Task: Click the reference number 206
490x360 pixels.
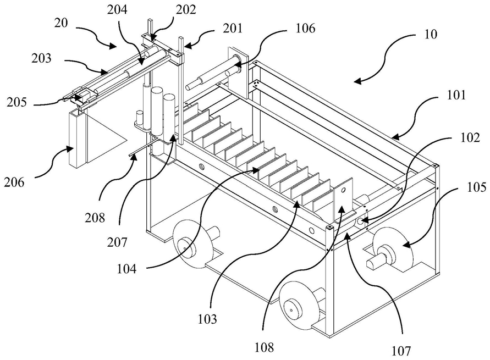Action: point(14,182)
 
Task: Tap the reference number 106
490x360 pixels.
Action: point(305,28)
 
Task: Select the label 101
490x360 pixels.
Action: point(456,95)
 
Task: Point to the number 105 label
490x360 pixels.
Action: point(477,187)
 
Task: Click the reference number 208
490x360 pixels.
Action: point(95,218)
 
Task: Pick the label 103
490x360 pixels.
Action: point(207,319)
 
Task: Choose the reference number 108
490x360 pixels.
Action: point(264,347)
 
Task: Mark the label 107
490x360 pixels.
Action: point(401,351)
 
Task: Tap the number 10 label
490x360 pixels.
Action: point(431,34)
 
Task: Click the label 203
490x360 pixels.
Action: point(42,58)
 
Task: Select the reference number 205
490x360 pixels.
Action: point(16,102)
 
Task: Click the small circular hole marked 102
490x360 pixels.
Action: point(360,221)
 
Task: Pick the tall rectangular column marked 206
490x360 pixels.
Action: point(77,139)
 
